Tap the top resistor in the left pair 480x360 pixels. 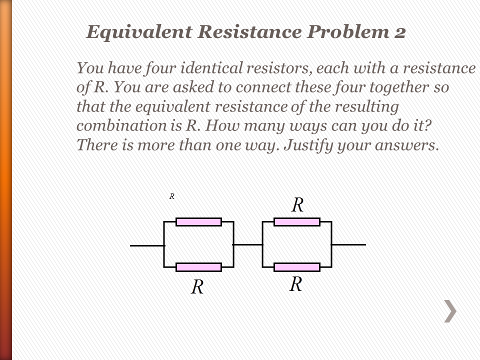click(198, 222)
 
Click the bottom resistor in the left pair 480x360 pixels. click(198, 267)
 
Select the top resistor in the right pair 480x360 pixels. click(296, 222)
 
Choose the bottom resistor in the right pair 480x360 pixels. click(296, 267)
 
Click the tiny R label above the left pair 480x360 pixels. click(171, 196)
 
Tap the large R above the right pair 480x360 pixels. click(297, 205)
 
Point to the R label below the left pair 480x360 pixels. click(197, 287)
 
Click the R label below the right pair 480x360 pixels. click(296, 284)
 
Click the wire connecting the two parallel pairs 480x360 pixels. click(248, 244)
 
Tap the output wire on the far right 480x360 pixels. click(348, 244)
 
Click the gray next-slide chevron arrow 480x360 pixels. click(450, 311)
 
